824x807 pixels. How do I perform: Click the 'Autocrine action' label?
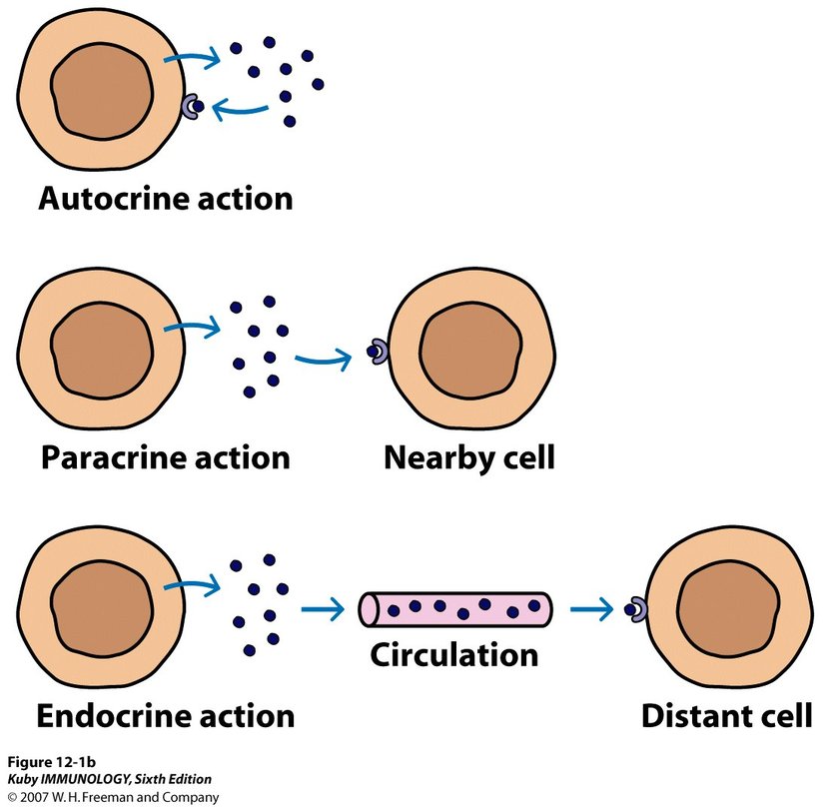click(x=166, y=197)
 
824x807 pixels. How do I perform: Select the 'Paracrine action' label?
click(x=166, y=457)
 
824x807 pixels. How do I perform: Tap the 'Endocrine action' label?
click(x=166, y=715)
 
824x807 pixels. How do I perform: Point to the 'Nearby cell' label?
click(x=468, y=457)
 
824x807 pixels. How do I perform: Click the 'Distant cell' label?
click(x=726, y=716)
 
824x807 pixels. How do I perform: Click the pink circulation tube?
click(x=455, y=606)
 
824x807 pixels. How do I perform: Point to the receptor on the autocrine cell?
click(x=190, y=106)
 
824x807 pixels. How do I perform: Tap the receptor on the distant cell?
click(x=636, y=608)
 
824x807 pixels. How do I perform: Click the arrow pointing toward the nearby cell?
click(x=324, y=358)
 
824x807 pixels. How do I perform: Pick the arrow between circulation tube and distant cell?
click(x=592, y=608)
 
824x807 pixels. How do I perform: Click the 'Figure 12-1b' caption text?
click(x=47, y=764)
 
